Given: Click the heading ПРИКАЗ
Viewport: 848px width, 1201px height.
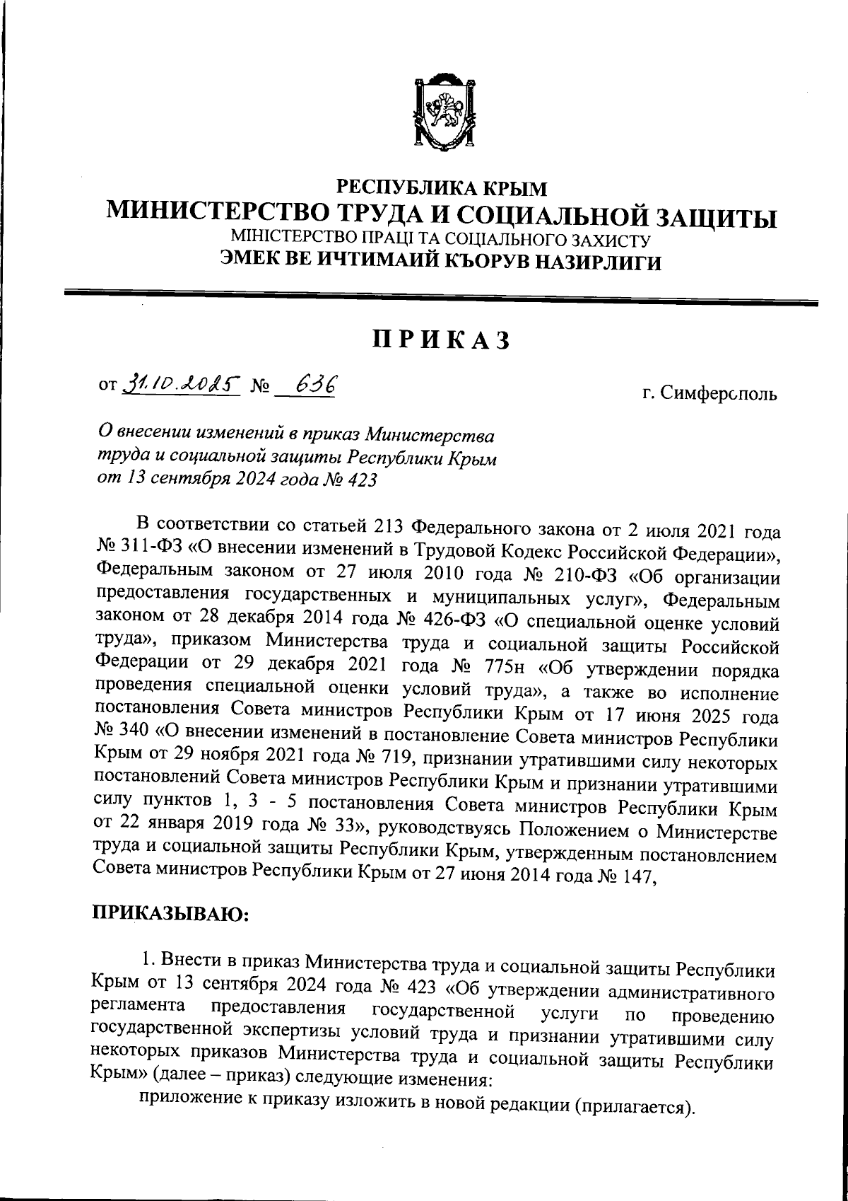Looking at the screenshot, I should pos(441,340).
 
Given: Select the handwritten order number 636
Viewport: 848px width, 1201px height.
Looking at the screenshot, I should pos(315,385).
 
